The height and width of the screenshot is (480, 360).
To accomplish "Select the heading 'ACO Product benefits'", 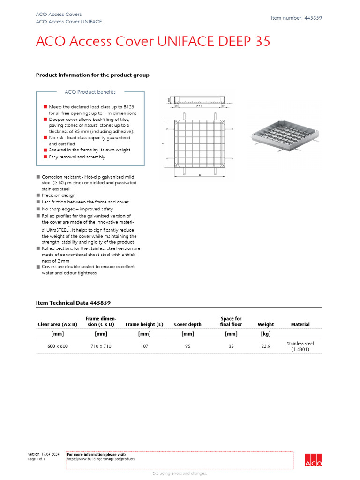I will click(90, 92).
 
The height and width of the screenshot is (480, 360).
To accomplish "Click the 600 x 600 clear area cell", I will click(57, 346).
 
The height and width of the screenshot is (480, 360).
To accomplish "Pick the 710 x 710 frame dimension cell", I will click(101, 346).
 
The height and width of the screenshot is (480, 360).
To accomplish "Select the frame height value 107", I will click(144, 346).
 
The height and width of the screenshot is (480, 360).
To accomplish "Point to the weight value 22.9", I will click(265, 346).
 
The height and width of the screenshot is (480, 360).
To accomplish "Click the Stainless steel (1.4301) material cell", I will click(300, 346).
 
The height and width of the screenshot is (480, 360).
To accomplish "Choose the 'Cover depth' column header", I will click(187, 324).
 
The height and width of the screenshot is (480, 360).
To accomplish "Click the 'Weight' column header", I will click(265, 324).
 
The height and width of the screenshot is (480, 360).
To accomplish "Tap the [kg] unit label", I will click(265, 334).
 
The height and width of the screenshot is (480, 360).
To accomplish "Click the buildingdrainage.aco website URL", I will click(101, 459).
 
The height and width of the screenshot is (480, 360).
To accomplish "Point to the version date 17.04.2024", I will click(49, 454).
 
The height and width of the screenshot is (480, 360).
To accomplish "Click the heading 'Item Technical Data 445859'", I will click(73, 303).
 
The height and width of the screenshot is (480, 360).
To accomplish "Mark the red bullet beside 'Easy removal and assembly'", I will click(45, 157).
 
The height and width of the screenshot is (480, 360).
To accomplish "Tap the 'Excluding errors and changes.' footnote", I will click(180, 473).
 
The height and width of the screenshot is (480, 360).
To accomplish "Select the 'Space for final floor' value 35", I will click(231, 346).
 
